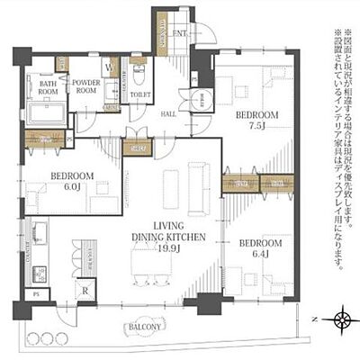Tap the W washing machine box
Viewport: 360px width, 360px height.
108,65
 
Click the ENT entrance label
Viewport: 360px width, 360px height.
179,34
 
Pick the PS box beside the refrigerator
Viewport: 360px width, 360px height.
37,293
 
